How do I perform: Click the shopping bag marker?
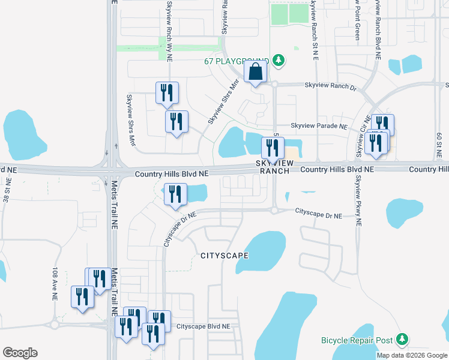point(256,72)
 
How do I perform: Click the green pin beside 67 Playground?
point(278,60)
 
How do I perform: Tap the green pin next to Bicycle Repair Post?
point(402,340)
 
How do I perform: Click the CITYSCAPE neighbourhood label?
point(224,256)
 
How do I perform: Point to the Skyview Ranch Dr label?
point(330,87)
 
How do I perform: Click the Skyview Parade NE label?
point(319,127)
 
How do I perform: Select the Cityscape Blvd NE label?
point(203,327)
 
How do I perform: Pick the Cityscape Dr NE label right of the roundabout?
point(318,214)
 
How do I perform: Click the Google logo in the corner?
point(20,353)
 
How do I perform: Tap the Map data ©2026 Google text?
point(411,355)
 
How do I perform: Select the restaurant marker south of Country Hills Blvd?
point(175,194)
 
